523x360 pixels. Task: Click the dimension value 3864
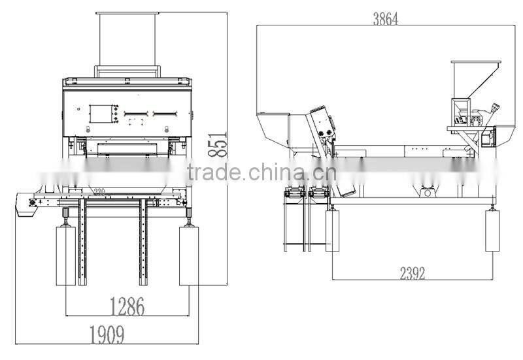click(x=385, y=18)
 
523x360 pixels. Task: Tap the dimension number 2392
click(x=412, y=272)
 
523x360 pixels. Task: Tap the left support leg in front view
click(x=66, y=255)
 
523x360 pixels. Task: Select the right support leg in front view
click(x=189, y=255)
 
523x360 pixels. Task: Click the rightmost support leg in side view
click(x=492, y=230)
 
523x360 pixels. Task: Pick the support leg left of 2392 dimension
click(x=332, y=230)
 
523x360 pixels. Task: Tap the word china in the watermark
click(x=277, y=174)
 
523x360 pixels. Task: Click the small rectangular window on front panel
click(x=101, y=114)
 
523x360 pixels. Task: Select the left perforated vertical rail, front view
click(x=82, y=242)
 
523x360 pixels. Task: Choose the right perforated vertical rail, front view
click(x=143, y=242)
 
